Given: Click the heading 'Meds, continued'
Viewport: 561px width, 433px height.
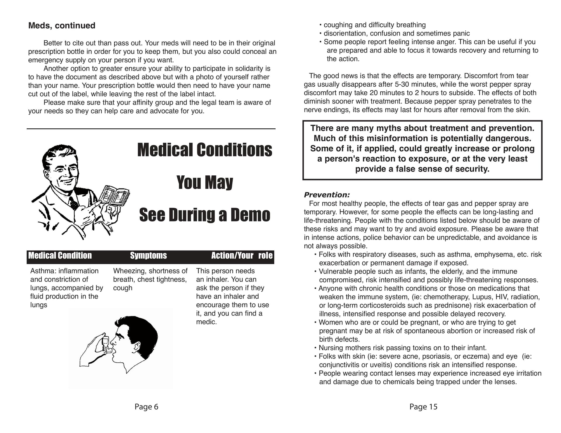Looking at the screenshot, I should point(62,26).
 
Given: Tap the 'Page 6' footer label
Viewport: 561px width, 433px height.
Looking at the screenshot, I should point(146,407).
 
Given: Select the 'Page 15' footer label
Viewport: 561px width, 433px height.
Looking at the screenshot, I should point(423,407).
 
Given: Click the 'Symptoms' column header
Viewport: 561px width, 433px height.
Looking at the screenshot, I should point(148,256).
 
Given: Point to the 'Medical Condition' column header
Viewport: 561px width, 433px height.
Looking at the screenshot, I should point(60,256).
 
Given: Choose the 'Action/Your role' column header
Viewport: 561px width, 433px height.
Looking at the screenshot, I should point(242,256).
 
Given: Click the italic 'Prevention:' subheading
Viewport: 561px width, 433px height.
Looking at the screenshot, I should point(327,195).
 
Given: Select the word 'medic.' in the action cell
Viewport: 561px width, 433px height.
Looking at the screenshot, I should point(206,322).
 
